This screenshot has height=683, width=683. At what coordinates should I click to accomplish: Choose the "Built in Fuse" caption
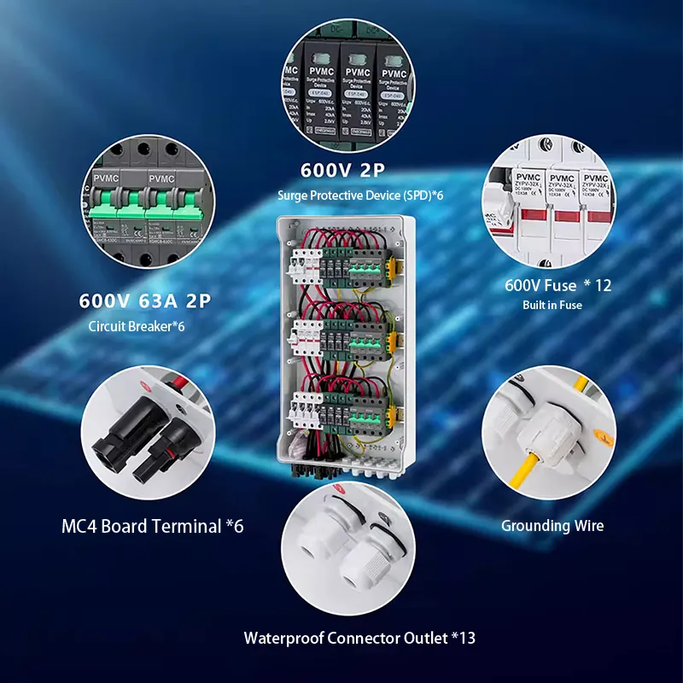click(552, 305)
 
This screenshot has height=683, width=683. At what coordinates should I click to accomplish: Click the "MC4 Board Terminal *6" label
click(153, 526)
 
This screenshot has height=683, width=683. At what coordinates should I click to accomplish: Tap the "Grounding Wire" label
click(552, 525)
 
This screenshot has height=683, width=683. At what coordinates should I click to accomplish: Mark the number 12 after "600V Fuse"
click(603, 285)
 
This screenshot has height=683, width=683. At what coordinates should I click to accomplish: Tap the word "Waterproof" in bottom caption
click(283, 638)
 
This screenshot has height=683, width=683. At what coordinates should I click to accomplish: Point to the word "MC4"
click(80, 526)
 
